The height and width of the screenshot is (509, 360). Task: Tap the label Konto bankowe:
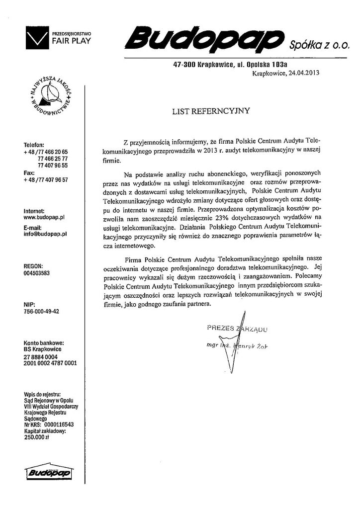pyautogui.click(x=44, y=343)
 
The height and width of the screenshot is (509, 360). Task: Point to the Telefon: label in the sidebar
pyautogui.click(x=34, y=145)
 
